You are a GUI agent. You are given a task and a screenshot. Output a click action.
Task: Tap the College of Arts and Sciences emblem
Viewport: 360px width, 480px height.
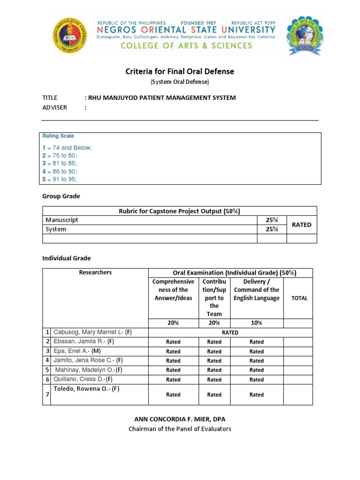point(305,35)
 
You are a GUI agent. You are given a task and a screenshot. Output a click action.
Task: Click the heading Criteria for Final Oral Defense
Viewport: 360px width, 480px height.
point(180,72)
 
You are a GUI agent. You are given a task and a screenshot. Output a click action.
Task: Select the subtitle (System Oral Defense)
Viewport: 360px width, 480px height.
point(180,82)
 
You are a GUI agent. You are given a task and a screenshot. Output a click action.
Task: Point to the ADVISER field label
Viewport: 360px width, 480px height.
point(55,107)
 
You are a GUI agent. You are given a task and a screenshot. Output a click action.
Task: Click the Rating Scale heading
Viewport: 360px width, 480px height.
point(58,136)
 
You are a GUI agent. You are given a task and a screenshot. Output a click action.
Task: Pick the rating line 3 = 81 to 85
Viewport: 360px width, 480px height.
point(60,163)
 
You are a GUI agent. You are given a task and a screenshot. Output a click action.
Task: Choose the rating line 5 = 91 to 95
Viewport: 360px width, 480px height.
point(60,179)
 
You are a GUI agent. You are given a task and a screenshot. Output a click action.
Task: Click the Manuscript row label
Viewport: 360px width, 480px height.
point(62,220)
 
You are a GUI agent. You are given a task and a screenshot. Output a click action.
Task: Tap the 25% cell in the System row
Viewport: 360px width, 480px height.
point(271,229)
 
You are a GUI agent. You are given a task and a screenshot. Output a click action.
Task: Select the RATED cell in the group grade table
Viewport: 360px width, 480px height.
point(301,225)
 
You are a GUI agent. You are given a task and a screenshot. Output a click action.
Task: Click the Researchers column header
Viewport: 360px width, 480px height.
point(95,272)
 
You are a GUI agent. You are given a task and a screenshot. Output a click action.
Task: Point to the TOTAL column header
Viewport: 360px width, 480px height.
point(300,298)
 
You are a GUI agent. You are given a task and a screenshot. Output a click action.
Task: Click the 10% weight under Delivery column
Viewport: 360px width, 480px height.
point(256,323)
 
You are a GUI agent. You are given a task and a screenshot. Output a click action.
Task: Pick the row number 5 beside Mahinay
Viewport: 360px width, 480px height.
point(47,370)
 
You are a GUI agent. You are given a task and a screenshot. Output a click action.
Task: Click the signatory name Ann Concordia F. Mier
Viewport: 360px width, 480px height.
point(180,419)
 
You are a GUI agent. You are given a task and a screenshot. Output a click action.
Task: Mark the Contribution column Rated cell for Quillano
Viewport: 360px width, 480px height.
point(214,380)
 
